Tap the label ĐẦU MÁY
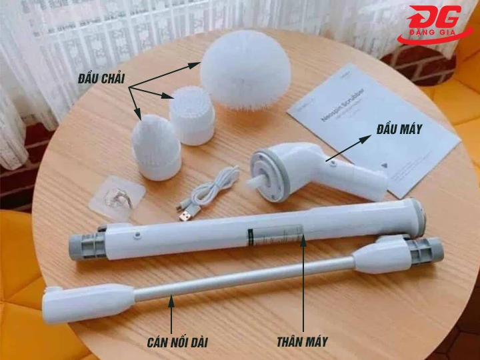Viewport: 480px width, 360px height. pyautogui.click(x=398, y=129)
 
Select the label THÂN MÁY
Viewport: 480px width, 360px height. pyautogui.click(x=302, y=342)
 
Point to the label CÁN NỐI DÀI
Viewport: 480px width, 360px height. pyautogui.click(x=177, y=343)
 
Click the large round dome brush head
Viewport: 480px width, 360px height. pyautogui.click(x=237, y=69)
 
